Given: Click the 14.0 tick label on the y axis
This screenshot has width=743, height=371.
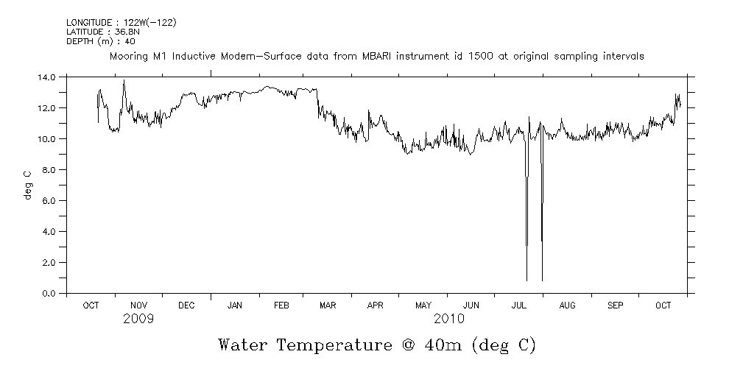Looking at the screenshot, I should tap(46, 77).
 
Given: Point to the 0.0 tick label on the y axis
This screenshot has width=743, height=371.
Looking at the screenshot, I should tap(49, 293).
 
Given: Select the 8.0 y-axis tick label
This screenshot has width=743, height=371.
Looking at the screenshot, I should tap(49, 169).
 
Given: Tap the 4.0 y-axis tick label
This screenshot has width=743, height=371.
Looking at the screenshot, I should tap(49, 231).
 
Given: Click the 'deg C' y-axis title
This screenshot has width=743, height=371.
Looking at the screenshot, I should tap(27, 185).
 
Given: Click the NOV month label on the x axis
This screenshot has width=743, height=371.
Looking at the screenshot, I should tap(139, 305).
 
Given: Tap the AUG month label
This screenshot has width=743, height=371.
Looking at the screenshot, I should tap(567, 305).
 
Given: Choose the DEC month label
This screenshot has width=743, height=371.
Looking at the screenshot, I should tap(186, 305).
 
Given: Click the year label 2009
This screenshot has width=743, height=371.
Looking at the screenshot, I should tap(138, 319).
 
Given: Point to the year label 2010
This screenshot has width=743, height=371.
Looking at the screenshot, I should tap(449, 319).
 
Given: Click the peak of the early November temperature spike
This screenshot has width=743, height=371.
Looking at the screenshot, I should tap(124, 80).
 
